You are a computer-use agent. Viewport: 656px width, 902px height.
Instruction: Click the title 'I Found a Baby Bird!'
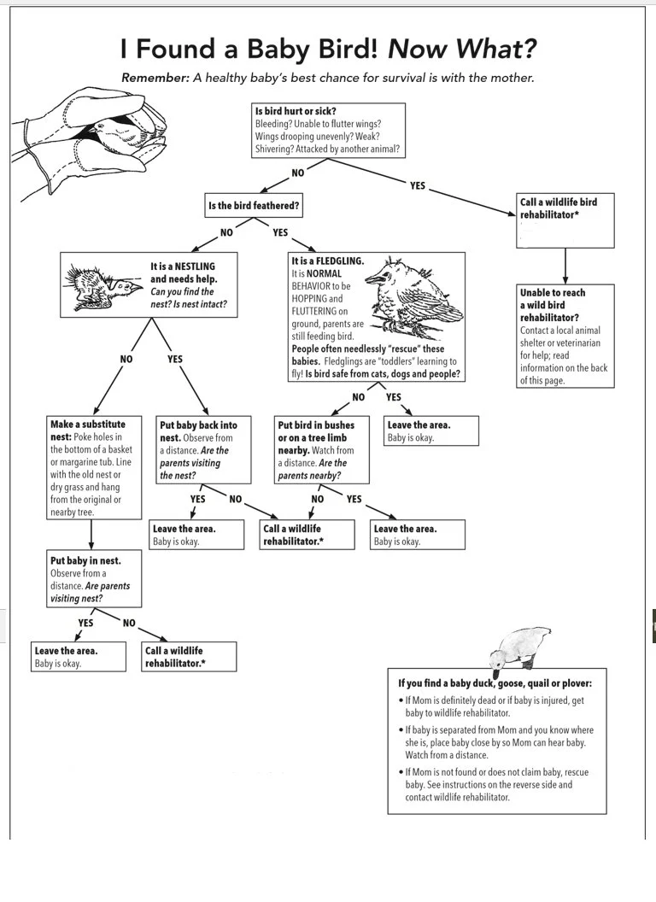[251, 49]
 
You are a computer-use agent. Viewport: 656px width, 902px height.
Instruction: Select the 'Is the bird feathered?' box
[254, 206]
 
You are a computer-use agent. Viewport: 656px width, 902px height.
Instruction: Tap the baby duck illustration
[514, 649]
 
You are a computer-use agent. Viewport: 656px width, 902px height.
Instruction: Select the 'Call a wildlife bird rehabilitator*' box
[565, 221]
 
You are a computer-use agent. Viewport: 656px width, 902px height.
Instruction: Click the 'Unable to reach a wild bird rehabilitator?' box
[565, 336]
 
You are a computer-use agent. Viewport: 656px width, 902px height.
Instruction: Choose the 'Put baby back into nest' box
[203, 450]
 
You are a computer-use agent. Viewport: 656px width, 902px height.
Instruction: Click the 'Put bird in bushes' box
[322, 450]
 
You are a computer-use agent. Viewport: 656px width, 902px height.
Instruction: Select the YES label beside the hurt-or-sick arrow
[417, 185]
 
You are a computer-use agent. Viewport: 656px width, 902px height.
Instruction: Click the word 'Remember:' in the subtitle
[154, 78]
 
